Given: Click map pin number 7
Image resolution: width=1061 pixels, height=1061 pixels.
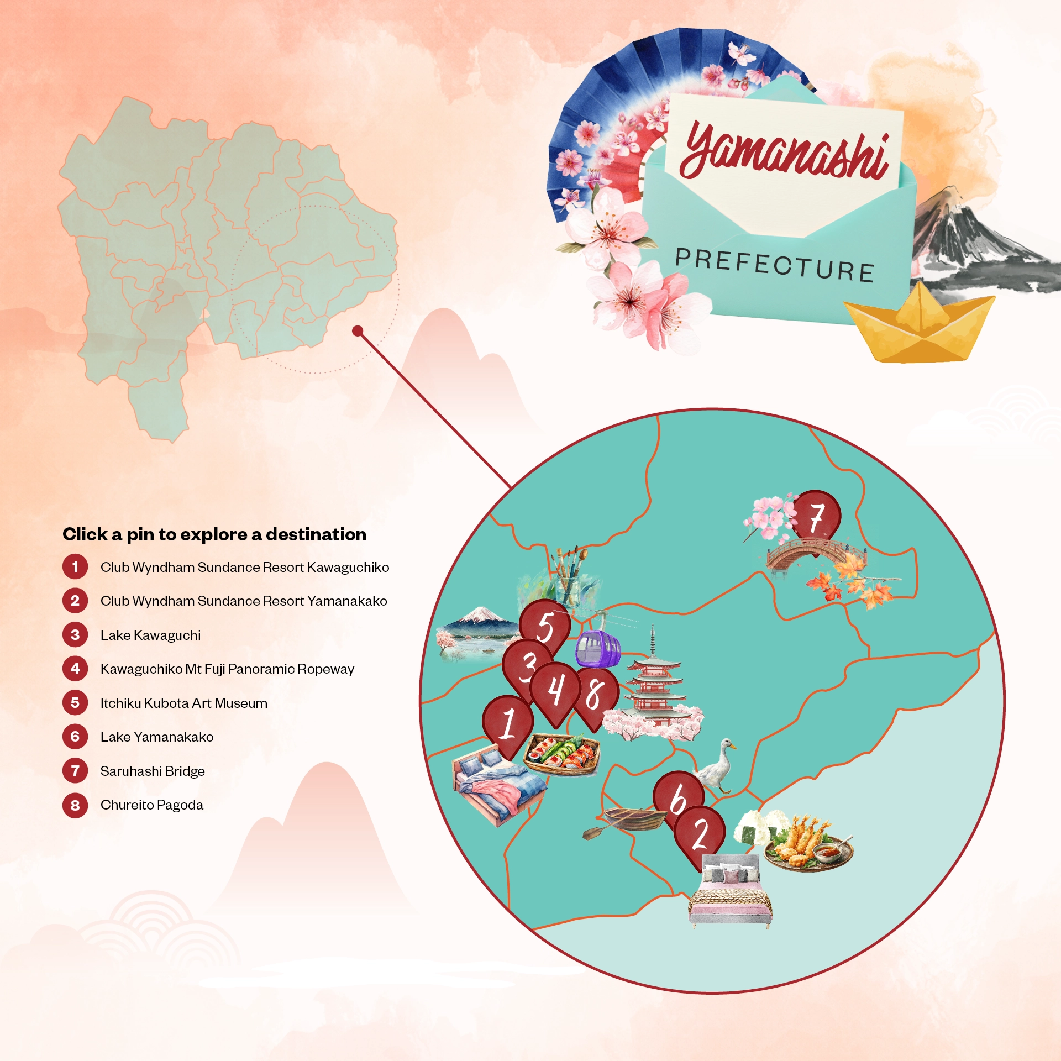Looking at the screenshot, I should click(816, 516).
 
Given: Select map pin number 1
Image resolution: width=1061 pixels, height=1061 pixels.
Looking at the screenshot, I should click(508, 723).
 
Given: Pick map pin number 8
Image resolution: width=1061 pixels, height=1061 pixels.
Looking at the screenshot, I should click(595, 695).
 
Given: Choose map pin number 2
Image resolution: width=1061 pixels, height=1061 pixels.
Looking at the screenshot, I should click(699, 834).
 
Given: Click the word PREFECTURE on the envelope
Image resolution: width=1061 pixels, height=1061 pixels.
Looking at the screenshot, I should click(774, 265).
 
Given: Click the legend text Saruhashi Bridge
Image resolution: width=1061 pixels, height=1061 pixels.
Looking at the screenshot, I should click(153, 771).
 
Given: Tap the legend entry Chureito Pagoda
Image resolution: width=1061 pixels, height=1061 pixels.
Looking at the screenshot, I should click(151, 805).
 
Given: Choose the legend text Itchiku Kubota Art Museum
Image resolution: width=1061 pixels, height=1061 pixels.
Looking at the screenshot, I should click(183, 703).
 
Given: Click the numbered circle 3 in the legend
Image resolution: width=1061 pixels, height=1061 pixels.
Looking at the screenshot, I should click(75, 635).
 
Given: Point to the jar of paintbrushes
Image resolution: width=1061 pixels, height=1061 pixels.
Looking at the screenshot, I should click(569, 577).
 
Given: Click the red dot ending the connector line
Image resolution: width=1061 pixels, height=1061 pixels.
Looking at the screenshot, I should click(358, 331).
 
